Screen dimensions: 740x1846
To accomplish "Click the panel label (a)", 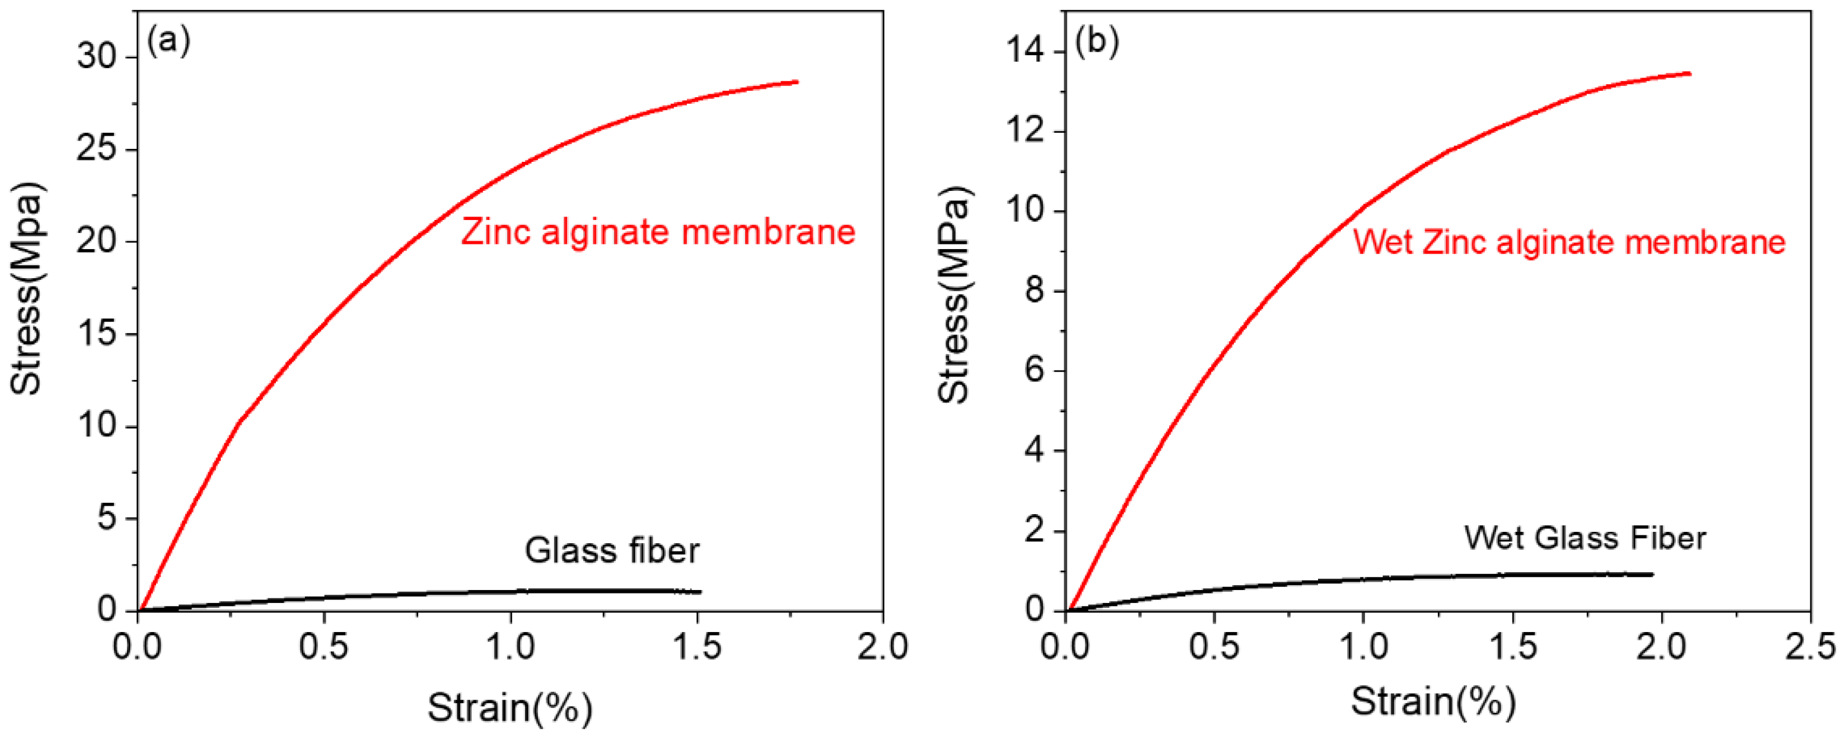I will point(168,41).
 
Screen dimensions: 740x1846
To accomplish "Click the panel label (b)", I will point(1096,42).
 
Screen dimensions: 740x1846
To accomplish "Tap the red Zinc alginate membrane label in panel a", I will point(658,232).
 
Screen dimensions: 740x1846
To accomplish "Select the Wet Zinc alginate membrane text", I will point(1568,242).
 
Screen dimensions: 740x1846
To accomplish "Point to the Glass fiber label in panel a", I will point(611,551).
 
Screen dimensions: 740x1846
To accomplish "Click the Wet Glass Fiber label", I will point(1584,538).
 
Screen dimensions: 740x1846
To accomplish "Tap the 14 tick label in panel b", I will point(1026,52).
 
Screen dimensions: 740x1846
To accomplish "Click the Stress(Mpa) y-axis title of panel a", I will point(27,289).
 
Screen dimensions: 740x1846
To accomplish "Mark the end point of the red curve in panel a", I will point(797,82).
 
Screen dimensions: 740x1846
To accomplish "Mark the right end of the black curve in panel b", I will point(1652,574).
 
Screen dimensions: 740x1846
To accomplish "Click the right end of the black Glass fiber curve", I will point(699,592).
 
